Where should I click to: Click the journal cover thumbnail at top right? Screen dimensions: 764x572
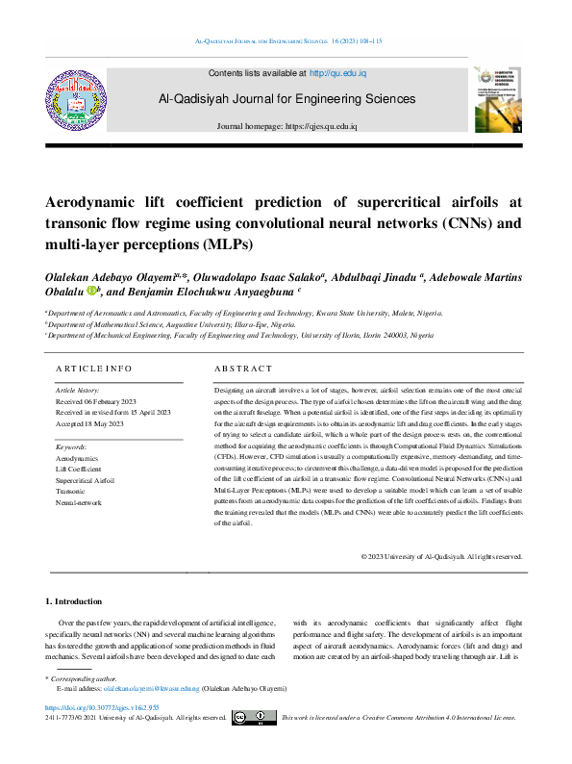tap(498, 98)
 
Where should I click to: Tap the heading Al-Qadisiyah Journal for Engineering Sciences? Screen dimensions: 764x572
tap(287, 99)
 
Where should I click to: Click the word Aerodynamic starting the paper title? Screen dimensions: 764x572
tap(91, 202)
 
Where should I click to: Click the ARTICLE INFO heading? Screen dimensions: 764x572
tap(93, 369)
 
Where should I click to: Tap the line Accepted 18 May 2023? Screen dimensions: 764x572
tap(90, 423)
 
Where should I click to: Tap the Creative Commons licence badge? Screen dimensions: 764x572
tap(253, 718)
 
